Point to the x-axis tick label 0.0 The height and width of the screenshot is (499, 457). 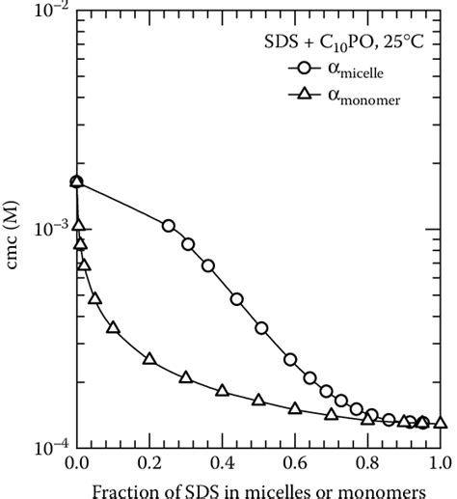tap(76, 466)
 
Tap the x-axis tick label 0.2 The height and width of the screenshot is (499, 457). tap(149, 466)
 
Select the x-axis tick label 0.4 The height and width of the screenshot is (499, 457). tap(222, 466)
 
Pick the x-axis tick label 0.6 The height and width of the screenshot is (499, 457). tap(295, 466)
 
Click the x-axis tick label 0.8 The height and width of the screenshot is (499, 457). tap(367, 466)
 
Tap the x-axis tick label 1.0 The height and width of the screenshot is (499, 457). tap(440, 466)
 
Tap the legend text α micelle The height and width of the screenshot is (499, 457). tap(362, 69)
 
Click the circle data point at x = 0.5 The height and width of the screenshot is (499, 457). tap(260, 328)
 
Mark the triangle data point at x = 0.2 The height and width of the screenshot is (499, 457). tap(149, 358)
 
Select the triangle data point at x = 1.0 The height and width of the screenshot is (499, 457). tap(441, 422)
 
